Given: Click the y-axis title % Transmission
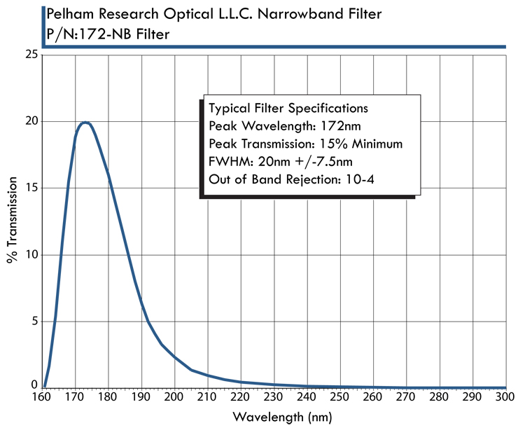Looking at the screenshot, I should click(12, 220).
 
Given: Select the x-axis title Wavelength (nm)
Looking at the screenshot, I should click(274, 417).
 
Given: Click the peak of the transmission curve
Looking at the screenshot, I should click(85, 123).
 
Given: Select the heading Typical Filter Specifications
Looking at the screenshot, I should click(288, 109).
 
